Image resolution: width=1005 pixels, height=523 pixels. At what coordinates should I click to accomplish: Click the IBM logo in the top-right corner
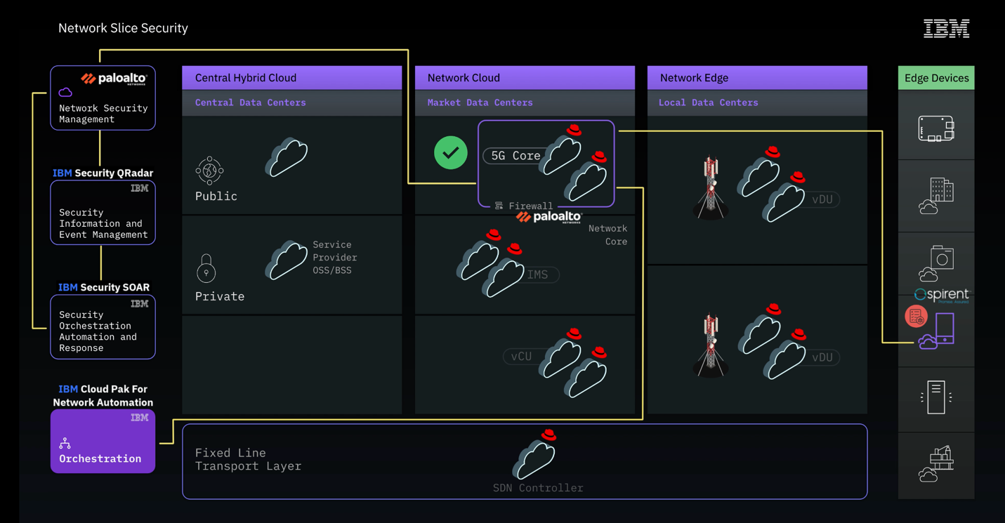(946, 29)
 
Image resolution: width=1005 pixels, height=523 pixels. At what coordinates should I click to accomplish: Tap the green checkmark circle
(451, 153)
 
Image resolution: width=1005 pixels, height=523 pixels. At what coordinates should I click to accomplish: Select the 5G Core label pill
(515, 156)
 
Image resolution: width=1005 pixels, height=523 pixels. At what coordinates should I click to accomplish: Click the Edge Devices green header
(936, 78)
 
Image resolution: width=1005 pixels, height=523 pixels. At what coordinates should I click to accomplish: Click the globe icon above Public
(209, 171)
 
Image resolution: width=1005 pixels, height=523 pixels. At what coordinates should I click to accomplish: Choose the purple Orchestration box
(103, 442)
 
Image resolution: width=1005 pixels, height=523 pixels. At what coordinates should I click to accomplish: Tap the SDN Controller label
(538, 488)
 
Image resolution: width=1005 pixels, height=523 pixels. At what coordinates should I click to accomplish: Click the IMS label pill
(538, 274)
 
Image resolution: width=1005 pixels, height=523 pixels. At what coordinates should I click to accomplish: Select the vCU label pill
(521, 357)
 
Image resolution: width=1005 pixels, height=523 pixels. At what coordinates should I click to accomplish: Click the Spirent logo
(942, 295)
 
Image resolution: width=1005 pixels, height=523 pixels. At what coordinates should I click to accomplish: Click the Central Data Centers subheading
(251, 102)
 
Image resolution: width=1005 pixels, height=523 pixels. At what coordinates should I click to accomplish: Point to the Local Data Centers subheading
(708, 102)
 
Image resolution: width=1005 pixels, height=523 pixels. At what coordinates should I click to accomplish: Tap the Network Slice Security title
(123, 28)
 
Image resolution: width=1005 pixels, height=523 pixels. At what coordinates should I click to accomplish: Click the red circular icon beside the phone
(916, 317)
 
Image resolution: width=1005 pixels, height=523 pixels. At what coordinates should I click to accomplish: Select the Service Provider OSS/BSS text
(335, 258)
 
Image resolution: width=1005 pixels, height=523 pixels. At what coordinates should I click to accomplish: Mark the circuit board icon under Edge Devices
(936, 129)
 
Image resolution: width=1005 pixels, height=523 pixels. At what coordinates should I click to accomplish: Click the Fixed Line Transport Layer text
(248, 459)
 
